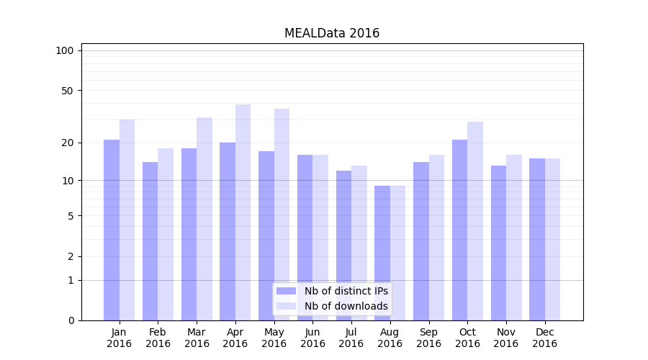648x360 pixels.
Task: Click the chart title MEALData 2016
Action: pyautogui.click(x=332, y=33)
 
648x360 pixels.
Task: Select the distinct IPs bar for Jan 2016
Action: pyautogui.click(x=112, y=230)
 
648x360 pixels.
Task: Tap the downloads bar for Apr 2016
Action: pyautogui.click(x=243, y=212)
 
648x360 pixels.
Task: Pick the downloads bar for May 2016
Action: pyautogui.click(x=282, y=215)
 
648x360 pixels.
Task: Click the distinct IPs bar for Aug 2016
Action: pyautogui.click(x=382, y=253)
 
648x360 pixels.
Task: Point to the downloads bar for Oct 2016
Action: pyautogui.click(x=475, y=221)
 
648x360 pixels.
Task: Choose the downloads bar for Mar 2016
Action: pyautogui.click(x=204, y=219)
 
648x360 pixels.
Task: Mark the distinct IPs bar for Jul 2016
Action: pyautogui.click(x=343, y=246)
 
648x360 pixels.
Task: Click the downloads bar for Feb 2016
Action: pyautogui.click(x=166, y=234)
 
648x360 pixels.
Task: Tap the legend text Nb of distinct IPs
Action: pyautogui.click(x=346, y=291)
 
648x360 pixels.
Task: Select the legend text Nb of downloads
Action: pyautogui.click(x=346, y=306)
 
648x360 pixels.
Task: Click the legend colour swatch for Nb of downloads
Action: pyautogui.click(x=287, y=306)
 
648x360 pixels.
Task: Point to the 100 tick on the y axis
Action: pyautogui.click(x=65, y=50)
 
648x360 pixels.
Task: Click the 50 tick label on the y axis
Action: pyautogui.click(x=68, y=91)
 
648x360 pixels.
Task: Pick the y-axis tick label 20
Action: pyautogui.click(x=68, y=143)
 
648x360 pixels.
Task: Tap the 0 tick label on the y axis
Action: pyautogui.click(x=71, y=320)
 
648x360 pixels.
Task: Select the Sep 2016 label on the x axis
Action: pyautogui.click(x=428, y=338)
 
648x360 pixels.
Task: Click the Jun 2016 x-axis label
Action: pyautogui.click(x=312, y=338)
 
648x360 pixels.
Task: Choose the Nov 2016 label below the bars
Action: pyautogui.click(x=506, y=338)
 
